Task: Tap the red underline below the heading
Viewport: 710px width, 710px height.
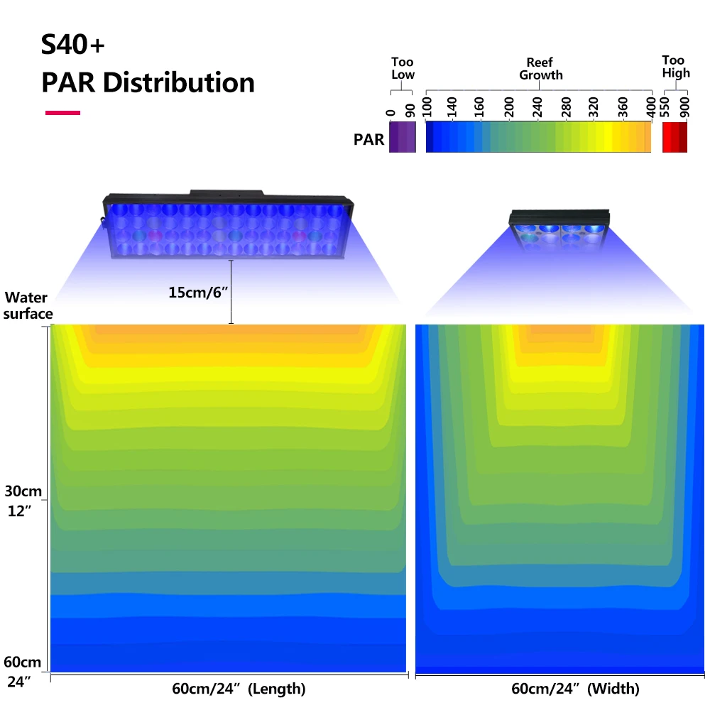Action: click(x=62, y=112)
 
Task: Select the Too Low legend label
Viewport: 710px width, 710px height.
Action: click(x=403, y=68)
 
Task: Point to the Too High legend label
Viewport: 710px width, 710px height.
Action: click(x=675, y=67)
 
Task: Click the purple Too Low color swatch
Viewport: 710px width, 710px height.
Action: click(x=402, y=136)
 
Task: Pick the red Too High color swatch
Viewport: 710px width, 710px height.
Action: click(x=674, y=136)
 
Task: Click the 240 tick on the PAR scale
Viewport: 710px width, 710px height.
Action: click(x=537, y=107)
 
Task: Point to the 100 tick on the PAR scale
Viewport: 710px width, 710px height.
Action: click(x=426, y=107)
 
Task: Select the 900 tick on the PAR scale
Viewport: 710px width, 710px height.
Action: click(x=684, y=107)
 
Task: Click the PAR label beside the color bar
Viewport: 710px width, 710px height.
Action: click(x=369, y=139)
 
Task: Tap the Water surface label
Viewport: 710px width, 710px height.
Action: click(x=28, y=305)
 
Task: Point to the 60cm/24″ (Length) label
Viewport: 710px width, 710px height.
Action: click(x=239, y=689)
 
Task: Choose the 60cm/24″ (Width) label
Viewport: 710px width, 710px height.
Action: click(x=575, y=689)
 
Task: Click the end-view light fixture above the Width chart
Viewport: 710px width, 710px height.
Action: click(x=559, y=231)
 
